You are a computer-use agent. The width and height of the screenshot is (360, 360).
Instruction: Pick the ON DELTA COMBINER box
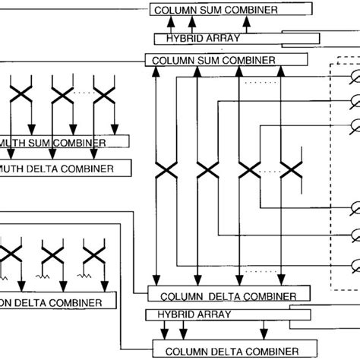pyautogui.click(x=57, y=302)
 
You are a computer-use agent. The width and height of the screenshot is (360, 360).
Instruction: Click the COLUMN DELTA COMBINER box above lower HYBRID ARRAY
pyautogui.click(x=228, y=295)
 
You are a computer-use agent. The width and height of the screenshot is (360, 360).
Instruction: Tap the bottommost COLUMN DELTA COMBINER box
pyautogui.click(x=225, y=350)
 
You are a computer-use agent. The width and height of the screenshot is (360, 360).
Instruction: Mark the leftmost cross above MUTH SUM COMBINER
pyautogui.click(x=21, y=96)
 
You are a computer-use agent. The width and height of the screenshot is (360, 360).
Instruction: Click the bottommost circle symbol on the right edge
pyautogui.click(x=354, y=265)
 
